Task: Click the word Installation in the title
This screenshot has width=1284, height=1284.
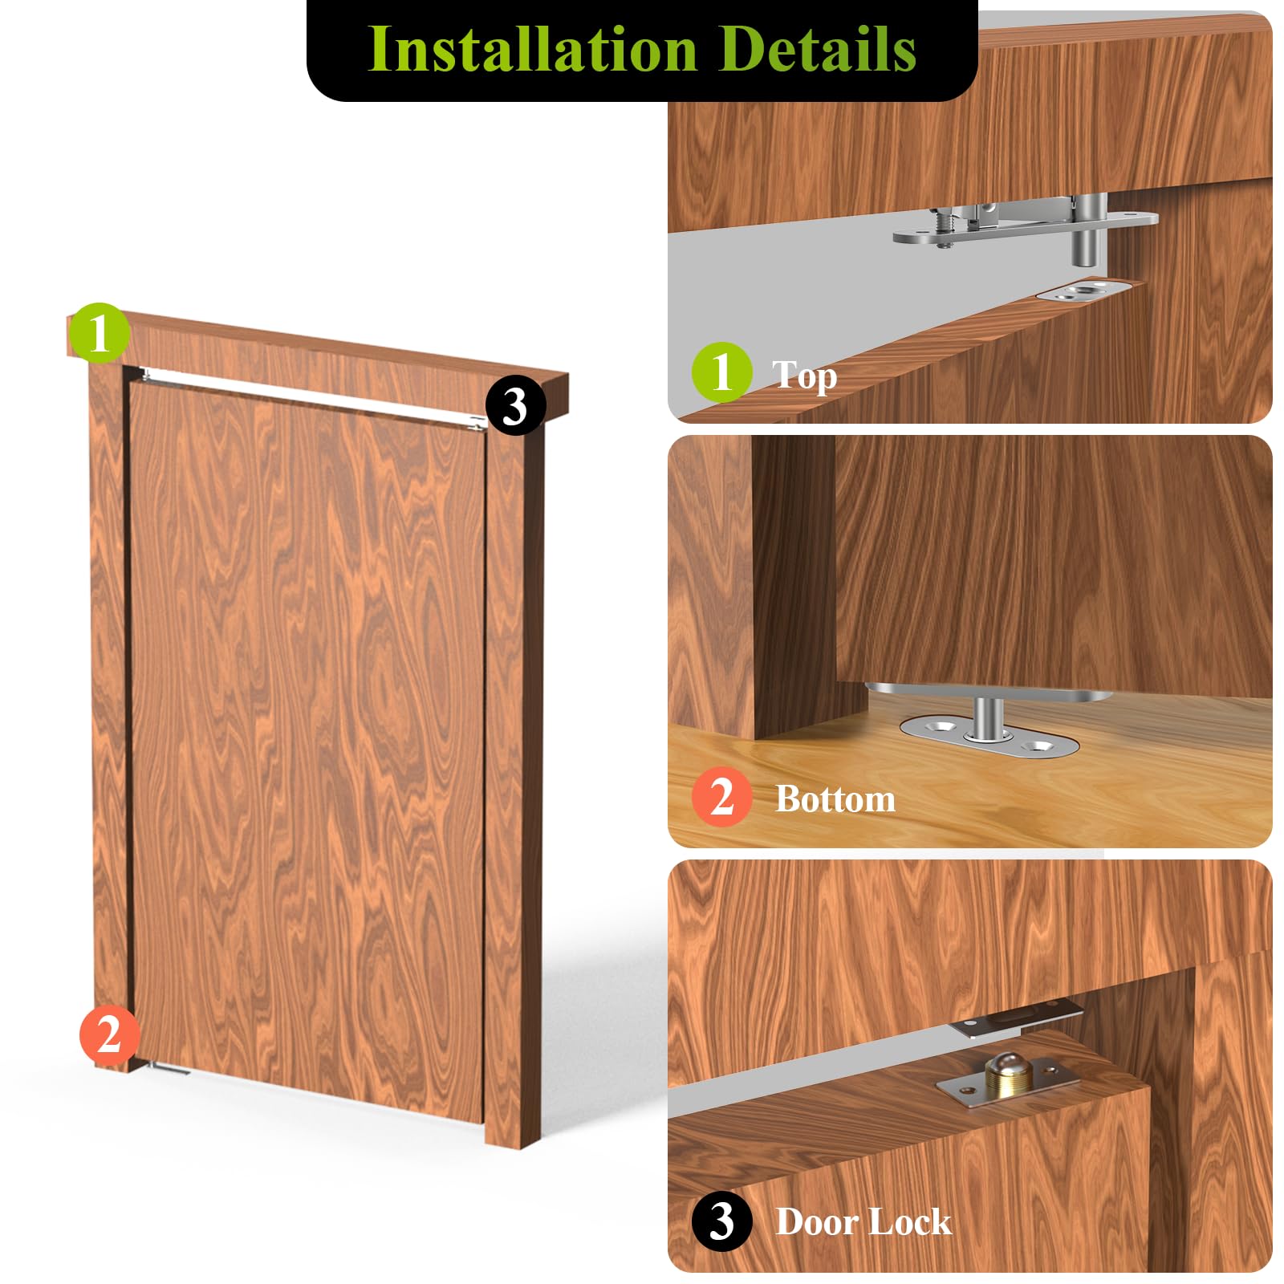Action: (530, 50)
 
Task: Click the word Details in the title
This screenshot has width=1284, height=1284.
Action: (818, 50)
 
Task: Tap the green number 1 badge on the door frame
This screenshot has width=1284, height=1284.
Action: (99, 332)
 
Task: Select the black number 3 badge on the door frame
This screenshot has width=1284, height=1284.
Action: (515, 406)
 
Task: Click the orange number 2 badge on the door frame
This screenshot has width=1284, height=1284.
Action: (109, 1034)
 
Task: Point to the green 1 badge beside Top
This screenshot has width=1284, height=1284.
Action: (721, 372)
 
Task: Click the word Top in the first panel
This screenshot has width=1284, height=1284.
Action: (804, 375)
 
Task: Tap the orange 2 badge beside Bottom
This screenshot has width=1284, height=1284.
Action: (721, 797)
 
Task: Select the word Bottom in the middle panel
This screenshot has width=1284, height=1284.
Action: (835, 799)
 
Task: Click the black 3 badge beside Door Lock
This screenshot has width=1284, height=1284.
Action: (721, 1221)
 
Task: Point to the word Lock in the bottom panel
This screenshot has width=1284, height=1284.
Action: (909, 1222)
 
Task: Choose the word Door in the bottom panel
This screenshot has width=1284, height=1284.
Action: (815, 1222)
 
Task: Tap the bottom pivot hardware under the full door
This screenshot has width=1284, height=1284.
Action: (169, 1068)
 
